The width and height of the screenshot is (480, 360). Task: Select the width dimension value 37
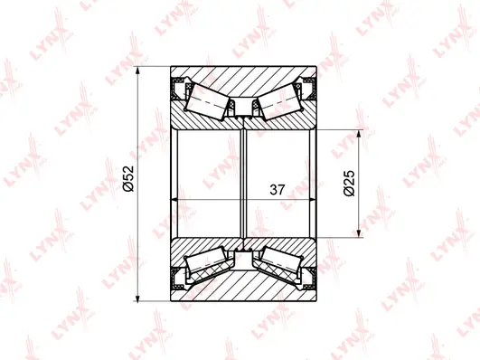278,190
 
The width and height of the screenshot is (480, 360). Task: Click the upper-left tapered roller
207,98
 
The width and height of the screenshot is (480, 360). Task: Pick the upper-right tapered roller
282,98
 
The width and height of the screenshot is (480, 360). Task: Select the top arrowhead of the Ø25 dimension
360,133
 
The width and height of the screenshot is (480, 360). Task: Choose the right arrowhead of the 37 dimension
316,198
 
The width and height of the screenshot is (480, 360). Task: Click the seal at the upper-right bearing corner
312,89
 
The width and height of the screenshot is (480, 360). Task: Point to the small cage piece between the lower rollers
245,257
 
